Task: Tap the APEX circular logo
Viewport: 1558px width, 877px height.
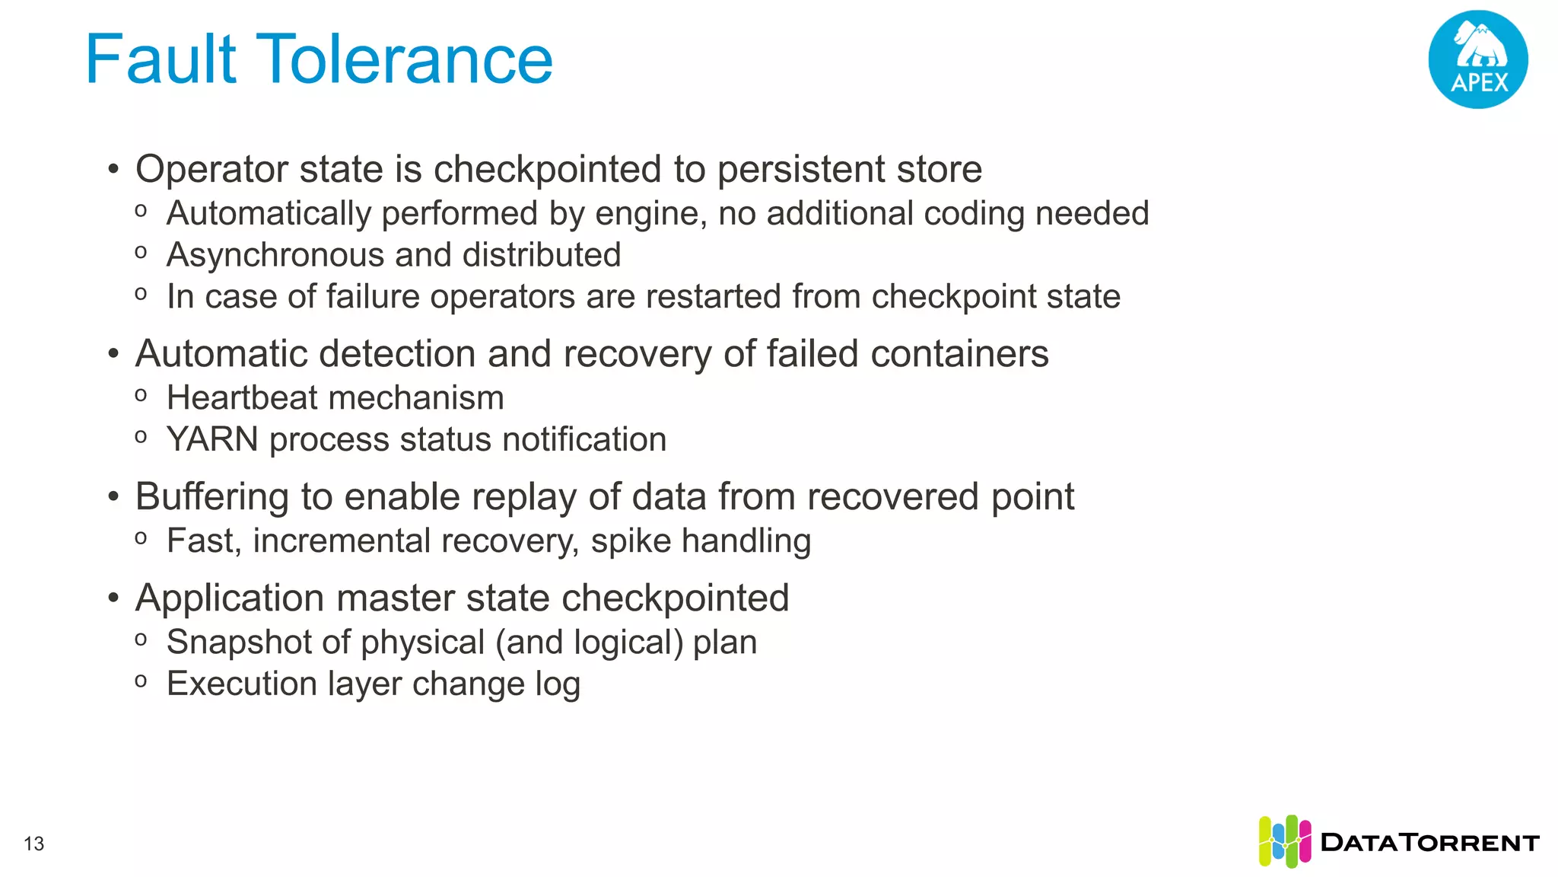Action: click(1477, 59)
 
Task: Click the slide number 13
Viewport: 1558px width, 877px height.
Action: click(34, 844)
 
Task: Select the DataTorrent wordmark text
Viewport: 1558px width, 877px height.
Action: click(1430, 843)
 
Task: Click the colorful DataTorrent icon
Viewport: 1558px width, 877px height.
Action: click(1284, 841)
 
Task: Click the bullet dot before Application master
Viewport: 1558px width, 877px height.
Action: click(113, 598)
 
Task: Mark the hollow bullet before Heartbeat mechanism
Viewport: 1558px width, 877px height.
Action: click(141, 395)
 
